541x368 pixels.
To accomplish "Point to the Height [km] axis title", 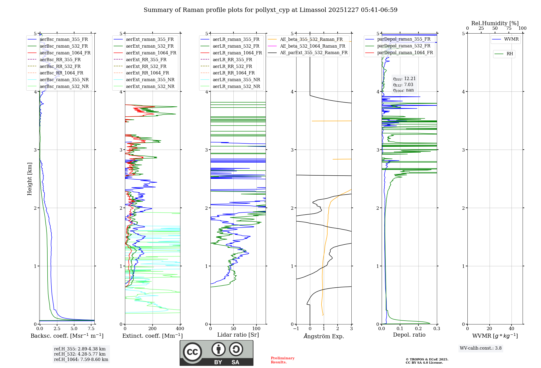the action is click(x=30, y=179).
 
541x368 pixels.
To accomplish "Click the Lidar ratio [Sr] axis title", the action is click(x=238, y=335).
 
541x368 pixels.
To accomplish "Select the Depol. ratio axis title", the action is click(x=409, y=335).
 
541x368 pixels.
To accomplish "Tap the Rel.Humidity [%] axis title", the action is click(x=495, y=23).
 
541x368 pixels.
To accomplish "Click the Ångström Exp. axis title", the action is click(x=324, y=336).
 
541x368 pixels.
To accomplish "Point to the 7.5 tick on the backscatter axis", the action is click(x=91, y=328).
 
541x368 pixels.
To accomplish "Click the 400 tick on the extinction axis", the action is click(x=180, y=328).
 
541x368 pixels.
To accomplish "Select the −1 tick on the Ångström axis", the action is click(x=296, y=328).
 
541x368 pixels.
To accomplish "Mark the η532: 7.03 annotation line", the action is click(x=403, y=85).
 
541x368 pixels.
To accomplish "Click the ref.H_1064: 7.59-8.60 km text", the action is click(x=81, y=359).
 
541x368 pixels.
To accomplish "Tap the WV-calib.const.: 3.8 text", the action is click(x=481, y=348).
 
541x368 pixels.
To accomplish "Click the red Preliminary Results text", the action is click(x=283, y=360).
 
